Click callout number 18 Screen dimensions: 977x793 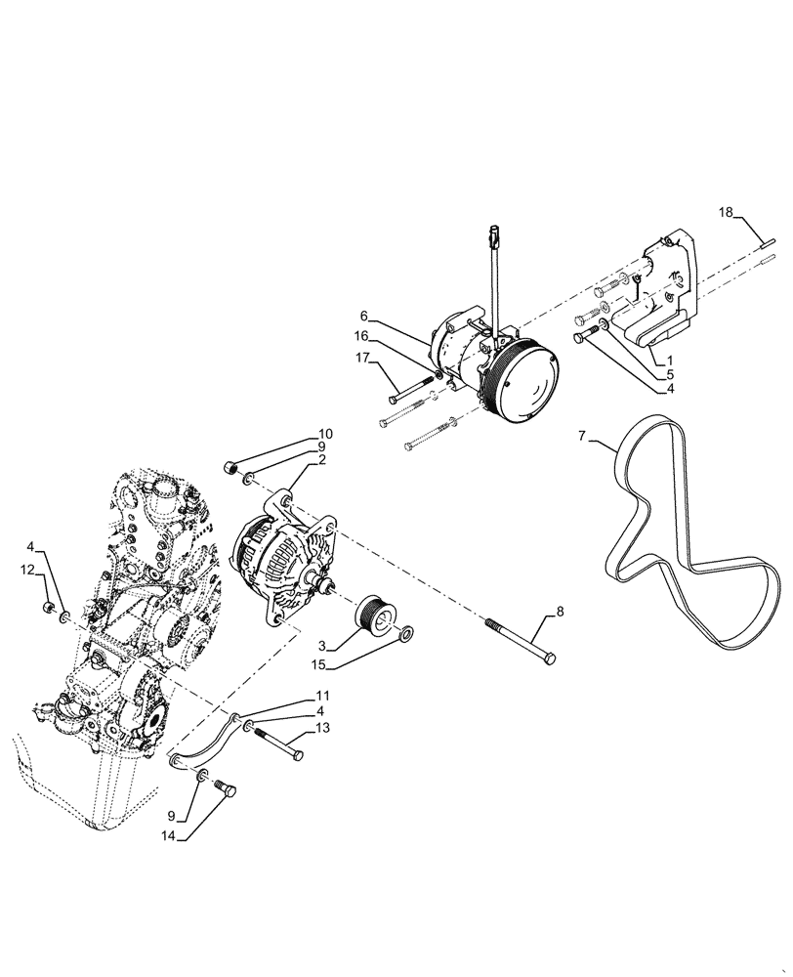[725, 212]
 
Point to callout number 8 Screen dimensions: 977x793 [560, 614]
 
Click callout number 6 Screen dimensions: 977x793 [363, 316]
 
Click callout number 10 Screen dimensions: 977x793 [325, 433]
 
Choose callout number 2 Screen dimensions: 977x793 [321, 459]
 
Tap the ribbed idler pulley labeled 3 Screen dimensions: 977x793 [372, 617]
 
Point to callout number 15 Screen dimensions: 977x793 [319, 667]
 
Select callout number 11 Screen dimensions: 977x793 [323, 695]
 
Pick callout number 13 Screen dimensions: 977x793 [323, 727]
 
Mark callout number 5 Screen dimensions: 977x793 [671, 373]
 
